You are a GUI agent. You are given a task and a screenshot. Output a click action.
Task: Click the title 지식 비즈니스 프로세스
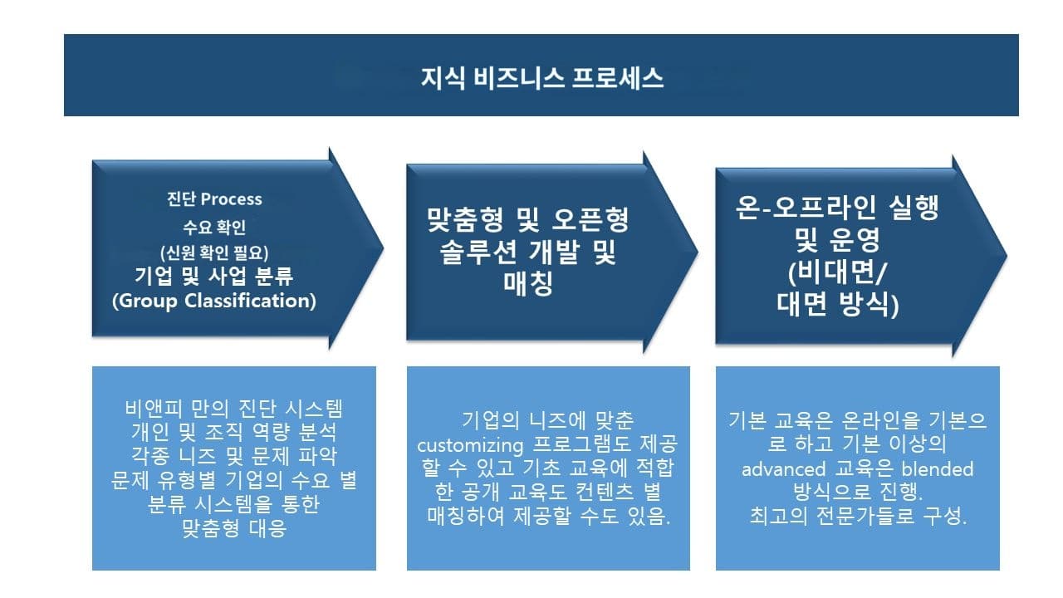tap(541, 78)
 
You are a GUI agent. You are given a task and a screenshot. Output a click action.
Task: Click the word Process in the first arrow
tap(232, 199)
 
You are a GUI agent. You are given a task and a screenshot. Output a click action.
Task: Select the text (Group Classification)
tap(214, 301)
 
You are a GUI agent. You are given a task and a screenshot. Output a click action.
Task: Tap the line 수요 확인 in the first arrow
tap(214, 226)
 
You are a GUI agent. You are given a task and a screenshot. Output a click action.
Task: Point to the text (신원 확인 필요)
tap(214, 252)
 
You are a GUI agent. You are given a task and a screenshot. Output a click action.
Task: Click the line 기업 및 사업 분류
tap(214, 276)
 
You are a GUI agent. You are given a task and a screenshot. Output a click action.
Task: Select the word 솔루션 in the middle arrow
tap(478, 252)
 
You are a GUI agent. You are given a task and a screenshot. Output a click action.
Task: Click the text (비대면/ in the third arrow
tap(839, 274)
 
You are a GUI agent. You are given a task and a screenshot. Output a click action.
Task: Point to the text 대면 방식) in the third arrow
tap(839, 304)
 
